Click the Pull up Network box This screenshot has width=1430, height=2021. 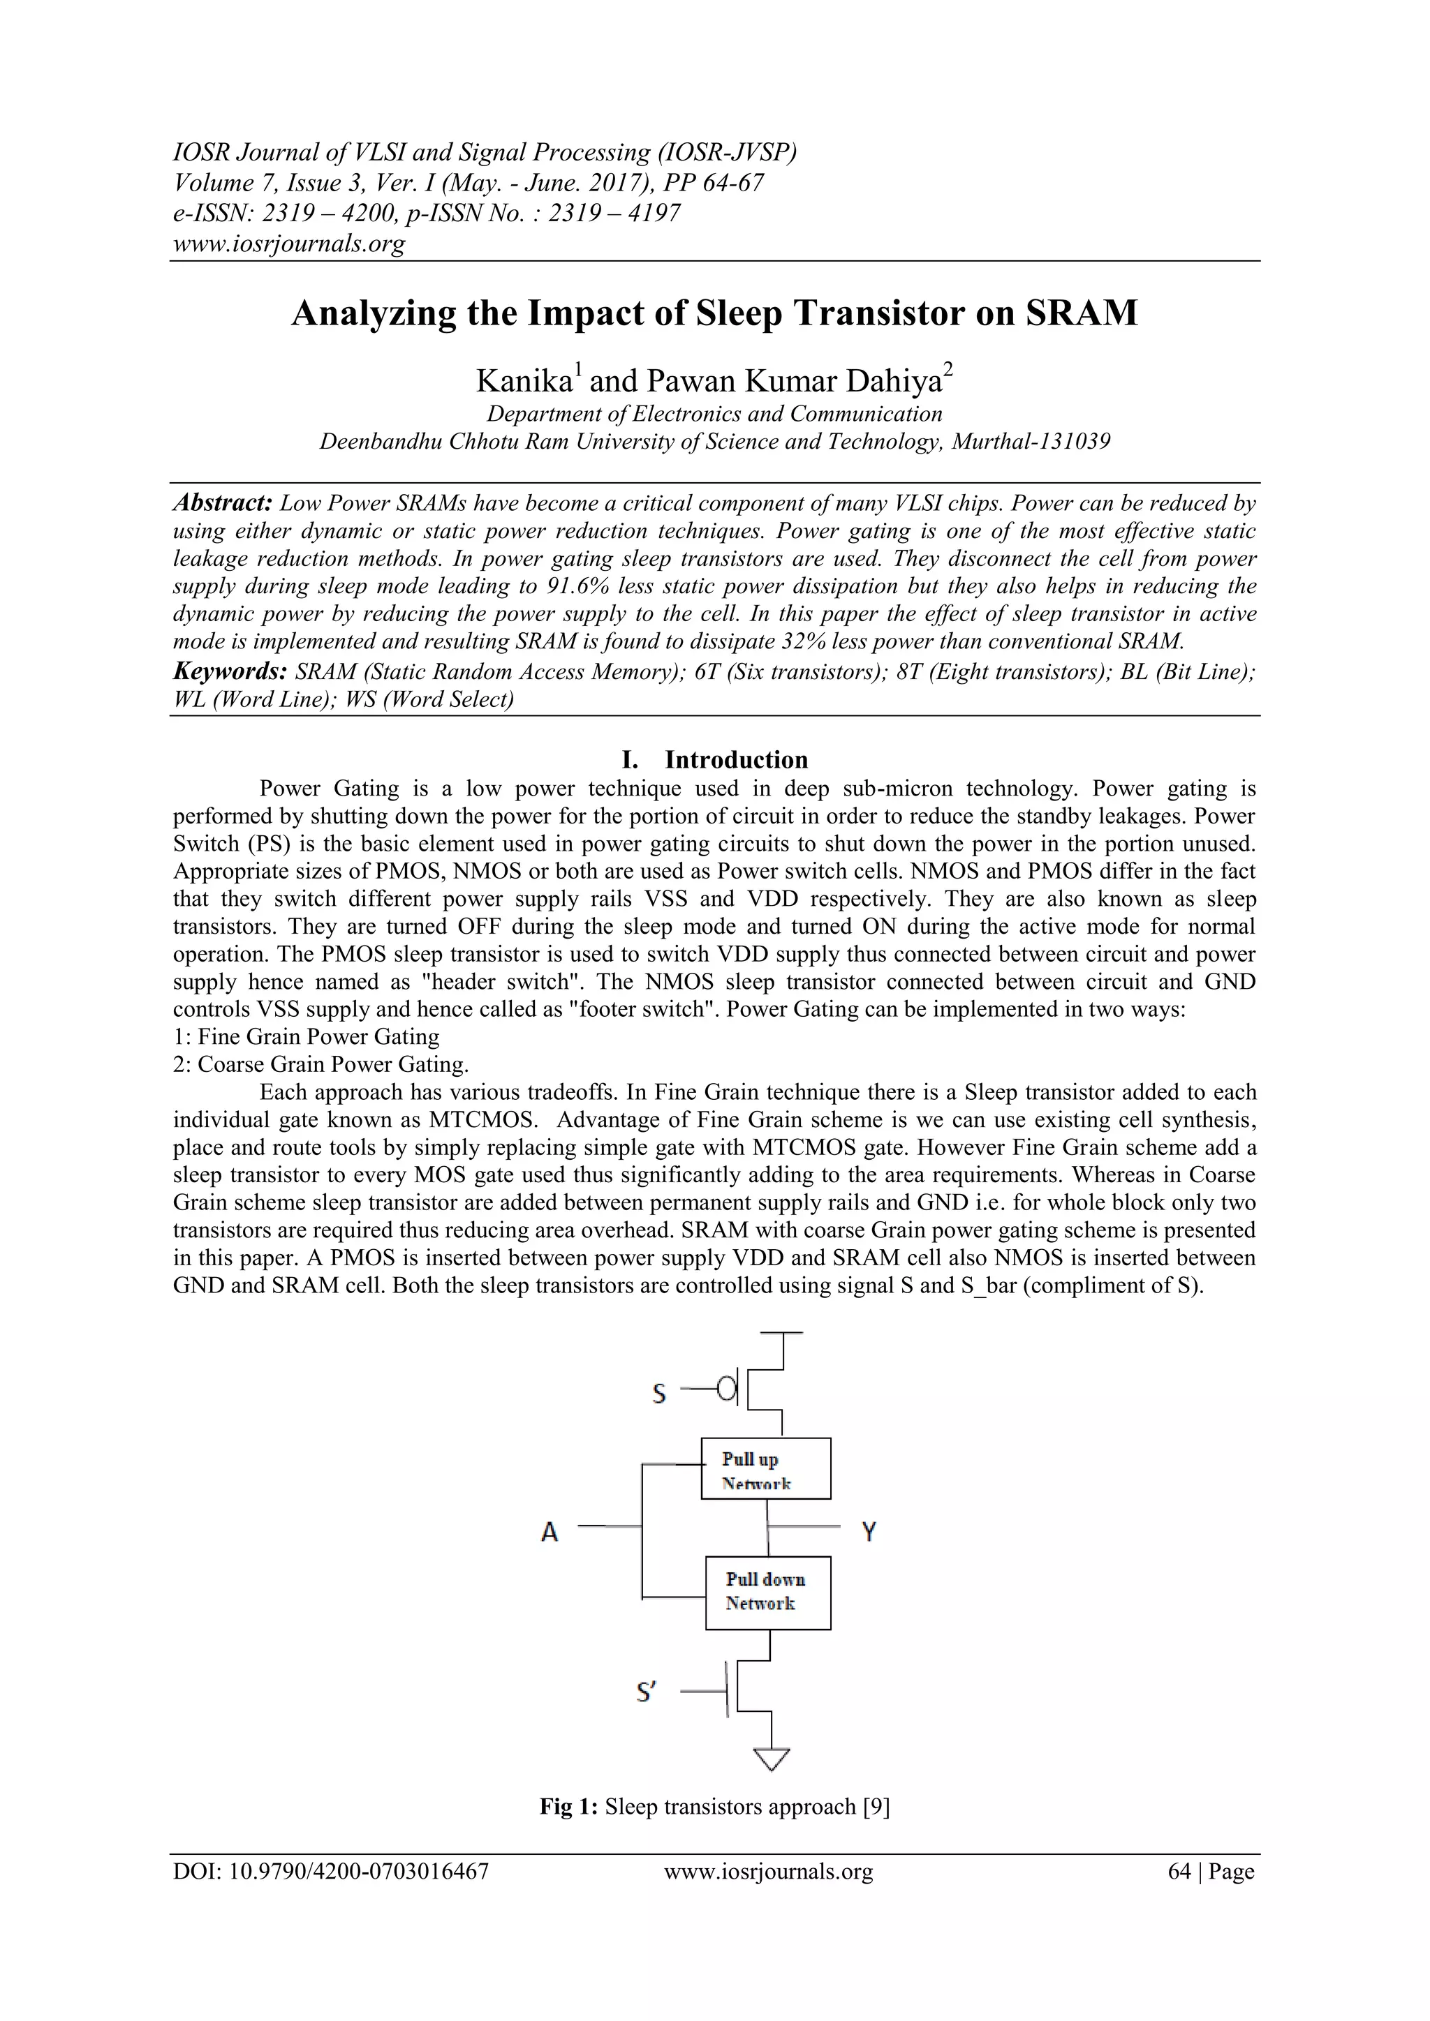(765, 1468)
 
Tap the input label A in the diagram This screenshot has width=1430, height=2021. (550, 1532)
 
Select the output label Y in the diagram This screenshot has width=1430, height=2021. (868, 1532)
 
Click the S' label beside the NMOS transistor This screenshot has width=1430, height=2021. (647, 1692)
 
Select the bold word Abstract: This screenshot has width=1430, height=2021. (223, 503)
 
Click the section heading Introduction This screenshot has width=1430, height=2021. (736, 760)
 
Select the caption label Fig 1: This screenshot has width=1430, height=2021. (569, 1807)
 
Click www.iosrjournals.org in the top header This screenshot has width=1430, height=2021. (290, 244)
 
